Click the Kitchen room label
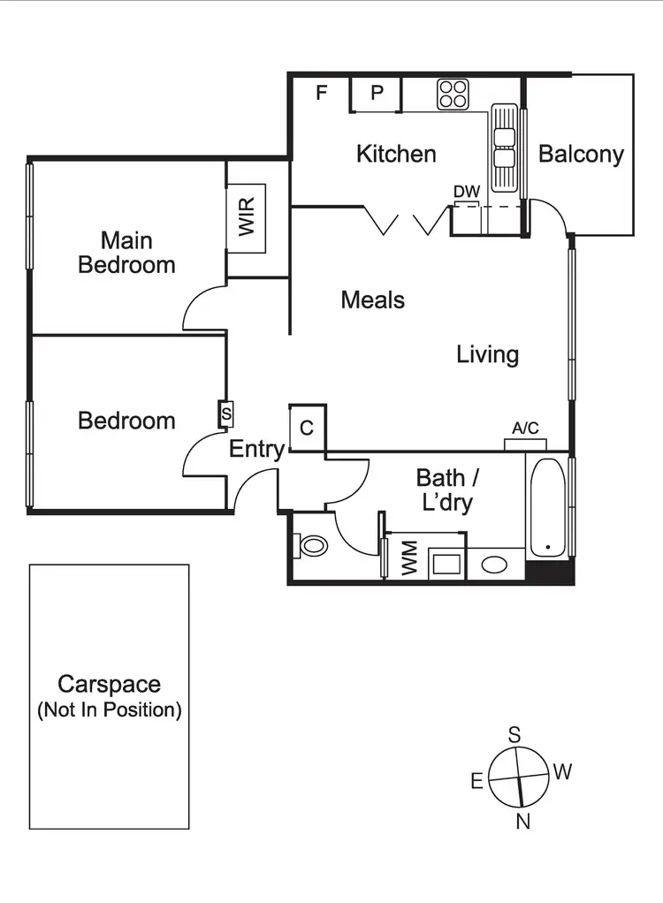point(396,154)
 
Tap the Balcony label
point(581,154)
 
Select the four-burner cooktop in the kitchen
point(453,95)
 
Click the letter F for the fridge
point(322,92)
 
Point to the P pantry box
point(377,93)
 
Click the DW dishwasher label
point(466,192)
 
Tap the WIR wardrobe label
point(247,217)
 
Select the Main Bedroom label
point(126,252)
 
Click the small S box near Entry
point(225,413)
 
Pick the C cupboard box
point(307,429)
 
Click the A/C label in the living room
point(525,429)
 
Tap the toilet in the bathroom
point(311,545)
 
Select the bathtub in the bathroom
point(548,506)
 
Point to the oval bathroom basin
point(496,563)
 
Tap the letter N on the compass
point(523,822)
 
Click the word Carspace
point(109,684)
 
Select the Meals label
point(373,300)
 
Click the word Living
point(487,355)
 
